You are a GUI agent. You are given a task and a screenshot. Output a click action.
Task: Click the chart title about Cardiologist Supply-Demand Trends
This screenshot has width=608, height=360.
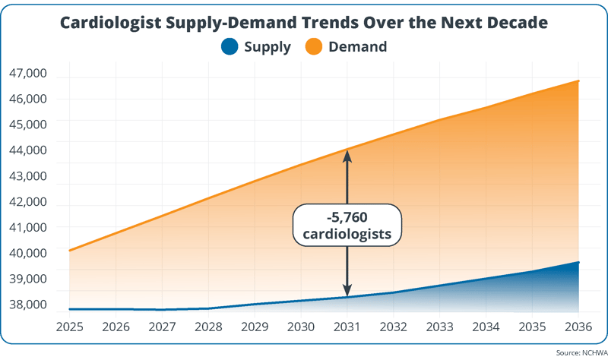click(x=304, y=22)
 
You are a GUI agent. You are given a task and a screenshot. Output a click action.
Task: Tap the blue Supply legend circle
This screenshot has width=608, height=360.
click(x=230, y=47)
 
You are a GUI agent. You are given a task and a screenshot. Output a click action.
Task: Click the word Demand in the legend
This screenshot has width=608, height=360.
click(x=357, y=47)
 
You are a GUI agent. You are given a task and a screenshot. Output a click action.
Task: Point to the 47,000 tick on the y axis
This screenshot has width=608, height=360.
click(x=28, y=74)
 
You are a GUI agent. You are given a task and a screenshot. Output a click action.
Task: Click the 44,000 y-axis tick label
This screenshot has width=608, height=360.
click(x=28, y=150)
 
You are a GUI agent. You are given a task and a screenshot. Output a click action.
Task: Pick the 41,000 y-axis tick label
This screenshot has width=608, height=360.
click(x=28, y=227)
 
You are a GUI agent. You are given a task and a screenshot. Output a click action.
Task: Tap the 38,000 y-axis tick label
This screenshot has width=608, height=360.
click(x=28, y=305)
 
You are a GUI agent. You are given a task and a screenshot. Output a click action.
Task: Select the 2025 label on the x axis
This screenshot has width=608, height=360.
click(x=69, y=327)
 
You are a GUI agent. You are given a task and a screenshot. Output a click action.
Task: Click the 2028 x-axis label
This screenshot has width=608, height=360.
click(x=208, y=327)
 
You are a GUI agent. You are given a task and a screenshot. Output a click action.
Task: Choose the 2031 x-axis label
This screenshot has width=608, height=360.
click(x=347, y=327)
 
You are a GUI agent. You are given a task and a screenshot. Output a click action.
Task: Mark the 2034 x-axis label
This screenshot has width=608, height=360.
click(x=486, y=327)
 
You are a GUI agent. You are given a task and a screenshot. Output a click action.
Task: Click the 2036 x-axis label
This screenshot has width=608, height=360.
click(x=579, y=327)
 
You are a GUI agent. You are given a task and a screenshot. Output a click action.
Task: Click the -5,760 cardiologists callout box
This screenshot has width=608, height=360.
click(x=347, y=225)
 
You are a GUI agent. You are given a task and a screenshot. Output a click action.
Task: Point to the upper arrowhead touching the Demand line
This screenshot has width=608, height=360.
click(x=347, y=154)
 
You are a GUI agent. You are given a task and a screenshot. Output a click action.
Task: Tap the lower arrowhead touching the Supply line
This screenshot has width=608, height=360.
click(x=347, y=291)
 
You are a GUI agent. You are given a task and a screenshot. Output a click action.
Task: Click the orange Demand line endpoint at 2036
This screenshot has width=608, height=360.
click(x=579, y=81)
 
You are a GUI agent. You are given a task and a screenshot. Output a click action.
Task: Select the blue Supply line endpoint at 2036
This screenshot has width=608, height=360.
click(x=579, y=262)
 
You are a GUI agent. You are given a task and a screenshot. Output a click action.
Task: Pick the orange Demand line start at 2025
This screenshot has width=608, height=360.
click(x=69, y=250)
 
